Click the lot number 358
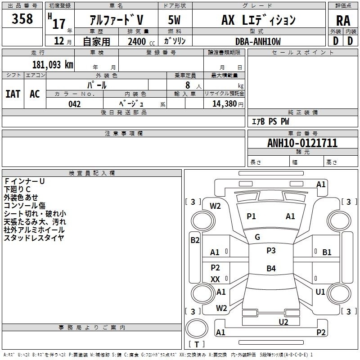point(22,19)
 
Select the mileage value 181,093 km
point(53,65)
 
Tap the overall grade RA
point(343,21)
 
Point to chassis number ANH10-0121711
point(302,143)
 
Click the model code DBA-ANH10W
point(258,41)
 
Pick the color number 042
point(74,104)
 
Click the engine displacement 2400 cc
point(141,41)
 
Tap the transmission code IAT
point(13,94)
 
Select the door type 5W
point(174,20)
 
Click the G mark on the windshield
point(257,237)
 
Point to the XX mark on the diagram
point(215,279)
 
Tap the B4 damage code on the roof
point(271,268)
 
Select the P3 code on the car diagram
point(271,251)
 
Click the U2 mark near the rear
point(283,322)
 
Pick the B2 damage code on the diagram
point(195,240)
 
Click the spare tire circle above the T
point(197,328)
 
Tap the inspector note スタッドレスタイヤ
point(34,238)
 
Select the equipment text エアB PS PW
point(270,121)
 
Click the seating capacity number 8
point(188,85)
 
